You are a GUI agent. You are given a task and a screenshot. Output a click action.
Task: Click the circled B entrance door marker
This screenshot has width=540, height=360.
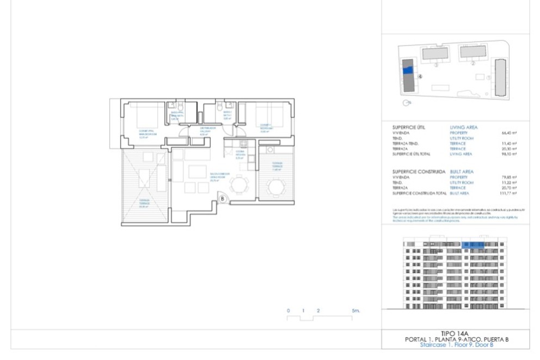coord(223,199)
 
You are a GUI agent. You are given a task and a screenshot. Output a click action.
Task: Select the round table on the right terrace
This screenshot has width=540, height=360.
coord(276,187)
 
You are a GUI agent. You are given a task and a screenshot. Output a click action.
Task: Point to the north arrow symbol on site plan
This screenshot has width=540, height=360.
coord(406,102)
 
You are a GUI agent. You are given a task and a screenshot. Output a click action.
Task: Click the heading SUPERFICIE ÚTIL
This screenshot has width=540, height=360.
coord(409,127)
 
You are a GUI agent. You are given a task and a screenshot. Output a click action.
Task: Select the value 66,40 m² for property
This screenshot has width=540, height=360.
coord(508,133)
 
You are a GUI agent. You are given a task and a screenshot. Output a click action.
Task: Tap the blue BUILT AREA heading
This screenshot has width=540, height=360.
coord(462,172)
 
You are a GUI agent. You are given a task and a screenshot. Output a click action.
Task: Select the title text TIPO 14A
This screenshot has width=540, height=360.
coord(457,332)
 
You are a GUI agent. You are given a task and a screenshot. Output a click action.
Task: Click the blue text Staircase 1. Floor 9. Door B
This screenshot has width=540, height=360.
coord(457,345)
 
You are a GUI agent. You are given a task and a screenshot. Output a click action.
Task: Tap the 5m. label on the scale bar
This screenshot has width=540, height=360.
coord(356,310)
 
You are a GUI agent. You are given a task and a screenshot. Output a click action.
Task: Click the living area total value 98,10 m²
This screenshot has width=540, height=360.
coord(508,154)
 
